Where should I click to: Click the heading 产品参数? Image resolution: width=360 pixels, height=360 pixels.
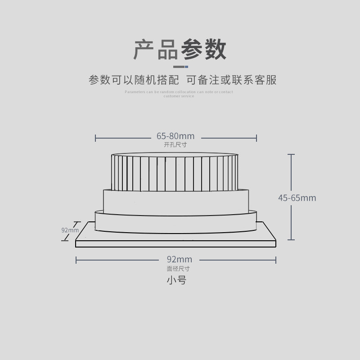(x=180, y=49)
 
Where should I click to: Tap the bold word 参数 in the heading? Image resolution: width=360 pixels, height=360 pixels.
(x=203, y=49)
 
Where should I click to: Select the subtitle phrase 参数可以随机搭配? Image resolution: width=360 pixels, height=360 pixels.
(x=134, y=80)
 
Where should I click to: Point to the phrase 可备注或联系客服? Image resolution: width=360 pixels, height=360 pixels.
(x=231, y=80)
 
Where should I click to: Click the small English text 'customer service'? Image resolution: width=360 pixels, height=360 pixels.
(x=179, y=96)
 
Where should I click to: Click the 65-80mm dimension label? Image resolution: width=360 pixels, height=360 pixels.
(x=175, y=135)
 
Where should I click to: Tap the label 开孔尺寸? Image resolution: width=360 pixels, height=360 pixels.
(x=175, y=145)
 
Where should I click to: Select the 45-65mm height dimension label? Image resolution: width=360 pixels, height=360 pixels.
(x=297, y=198)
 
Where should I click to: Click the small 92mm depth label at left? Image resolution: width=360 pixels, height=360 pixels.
(x=70, y=230)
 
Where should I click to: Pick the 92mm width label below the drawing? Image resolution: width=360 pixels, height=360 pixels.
(x=179, y=259)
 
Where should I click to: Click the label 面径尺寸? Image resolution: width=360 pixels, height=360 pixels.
(x=178, y=269)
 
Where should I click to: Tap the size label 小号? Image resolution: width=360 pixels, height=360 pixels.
(x=176, y=280)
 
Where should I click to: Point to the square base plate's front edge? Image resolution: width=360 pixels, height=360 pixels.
(x=175, y=244)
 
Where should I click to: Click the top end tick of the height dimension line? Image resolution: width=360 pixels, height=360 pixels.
(x=292, y=154)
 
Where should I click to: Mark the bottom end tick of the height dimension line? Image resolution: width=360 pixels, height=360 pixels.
(x=292, y=240)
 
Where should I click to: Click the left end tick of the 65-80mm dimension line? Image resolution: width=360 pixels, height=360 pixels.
(x=95, y=138)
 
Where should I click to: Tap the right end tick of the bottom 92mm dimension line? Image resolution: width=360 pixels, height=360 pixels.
(x=275, y=260)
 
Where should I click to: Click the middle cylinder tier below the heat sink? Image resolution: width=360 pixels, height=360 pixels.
(x=175, y=202)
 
